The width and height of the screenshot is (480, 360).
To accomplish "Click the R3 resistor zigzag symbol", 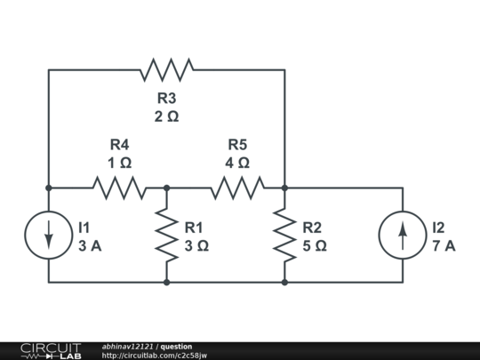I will click(166, 69).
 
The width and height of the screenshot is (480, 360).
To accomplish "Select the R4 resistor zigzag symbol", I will click(119, 188).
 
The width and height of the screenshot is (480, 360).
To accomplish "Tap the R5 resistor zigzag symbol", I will click(237, 188).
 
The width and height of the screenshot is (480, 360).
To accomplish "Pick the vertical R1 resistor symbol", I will click(166, 236).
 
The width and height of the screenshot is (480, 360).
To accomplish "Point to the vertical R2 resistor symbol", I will click(284, 236).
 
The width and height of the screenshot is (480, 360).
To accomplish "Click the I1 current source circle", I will click(49, 236).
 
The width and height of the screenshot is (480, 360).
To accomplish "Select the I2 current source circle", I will click(403, 236).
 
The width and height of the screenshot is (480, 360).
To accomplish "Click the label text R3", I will click(166, 99).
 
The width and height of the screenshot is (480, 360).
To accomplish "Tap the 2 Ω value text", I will click(166, 117).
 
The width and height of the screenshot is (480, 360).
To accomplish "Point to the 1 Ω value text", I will click(119, 164).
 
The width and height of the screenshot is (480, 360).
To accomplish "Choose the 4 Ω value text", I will click(237, 164).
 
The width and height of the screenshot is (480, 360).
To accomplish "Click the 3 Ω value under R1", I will click(196, 246).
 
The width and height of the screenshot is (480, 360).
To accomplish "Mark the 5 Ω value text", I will click(314, 246).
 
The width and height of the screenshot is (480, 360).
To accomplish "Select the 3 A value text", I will click(90, 246).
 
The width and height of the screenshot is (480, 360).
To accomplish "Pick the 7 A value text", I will click(444, 246).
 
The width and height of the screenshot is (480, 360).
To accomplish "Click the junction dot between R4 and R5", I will click(166, 188).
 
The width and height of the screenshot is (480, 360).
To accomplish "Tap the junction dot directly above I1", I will click(49, 188).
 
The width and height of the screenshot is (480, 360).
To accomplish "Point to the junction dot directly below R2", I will click(284, 283).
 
